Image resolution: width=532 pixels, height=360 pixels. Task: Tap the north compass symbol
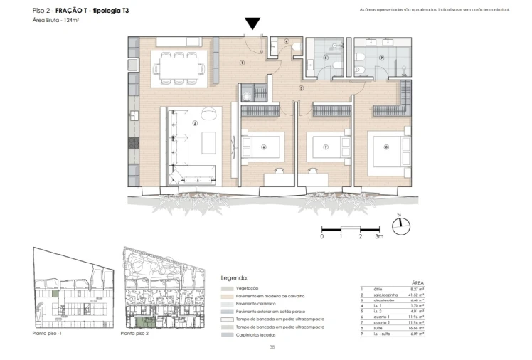(x=402, y=223)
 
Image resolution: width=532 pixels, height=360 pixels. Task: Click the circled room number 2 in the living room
(x=194, y=122)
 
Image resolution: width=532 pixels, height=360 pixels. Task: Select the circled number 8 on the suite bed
(x=386, y=148)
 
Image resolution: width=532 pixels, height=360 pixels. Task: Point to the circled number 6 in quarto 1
(x=263, y=148)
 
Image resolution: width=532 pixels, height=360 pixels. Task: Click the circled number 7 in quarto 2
(x=325, y=148)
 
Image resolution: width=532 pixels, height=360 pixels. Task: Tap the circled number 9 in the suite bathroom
(x=381, y=58)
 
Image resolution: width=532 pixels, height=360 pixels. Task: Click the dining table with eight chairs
(x=179, y=67)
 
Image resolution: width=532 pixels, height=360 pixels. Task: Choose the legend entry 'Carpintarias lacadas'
(x=257, y=334)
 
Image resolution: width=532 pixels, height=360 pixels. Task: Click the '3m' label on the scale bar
(x=380, y=235)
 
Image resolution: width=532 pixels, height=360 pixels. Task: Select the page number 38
(x=272, y=346)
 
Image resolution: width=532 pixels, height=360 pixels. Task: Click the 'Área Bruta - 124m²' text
(x=55, y=21)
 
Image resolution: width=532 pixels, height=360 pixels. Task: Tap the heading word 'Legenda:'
(x=235, y=278)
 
